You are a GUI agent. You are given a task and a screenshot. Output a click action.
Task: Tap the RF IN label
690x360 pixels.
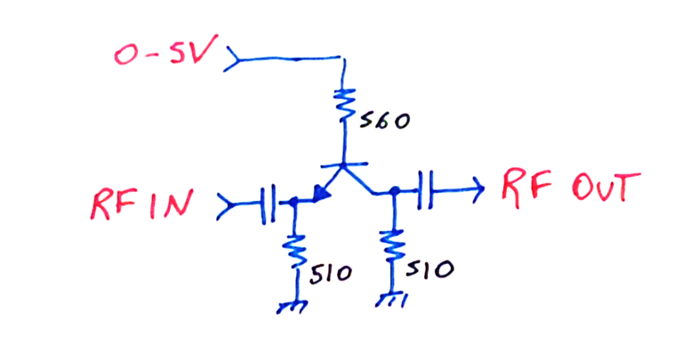pyautogui.click(x=140, y=205)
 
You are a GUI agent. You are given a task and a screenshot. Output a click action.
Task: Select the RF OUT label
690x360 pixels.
pyautogui.click(x=570, y=188)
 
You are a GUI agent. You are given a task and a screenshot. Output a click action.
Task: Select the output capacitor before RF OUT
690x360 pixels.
pyautogui.click(x=426, y=189)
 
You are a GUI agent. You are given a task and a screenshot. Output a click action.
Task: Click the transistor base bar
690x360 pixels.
pyautogui.click(x=344, y=165)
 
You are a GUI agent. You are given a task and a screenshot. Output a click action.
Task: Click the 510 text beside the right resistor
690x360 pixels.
pyautogui.click(x=433, y=268)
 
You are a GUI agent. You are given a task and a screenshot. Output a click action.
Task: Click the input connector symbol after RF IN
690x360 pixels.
pyautogui.click(x=227, y=207)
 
